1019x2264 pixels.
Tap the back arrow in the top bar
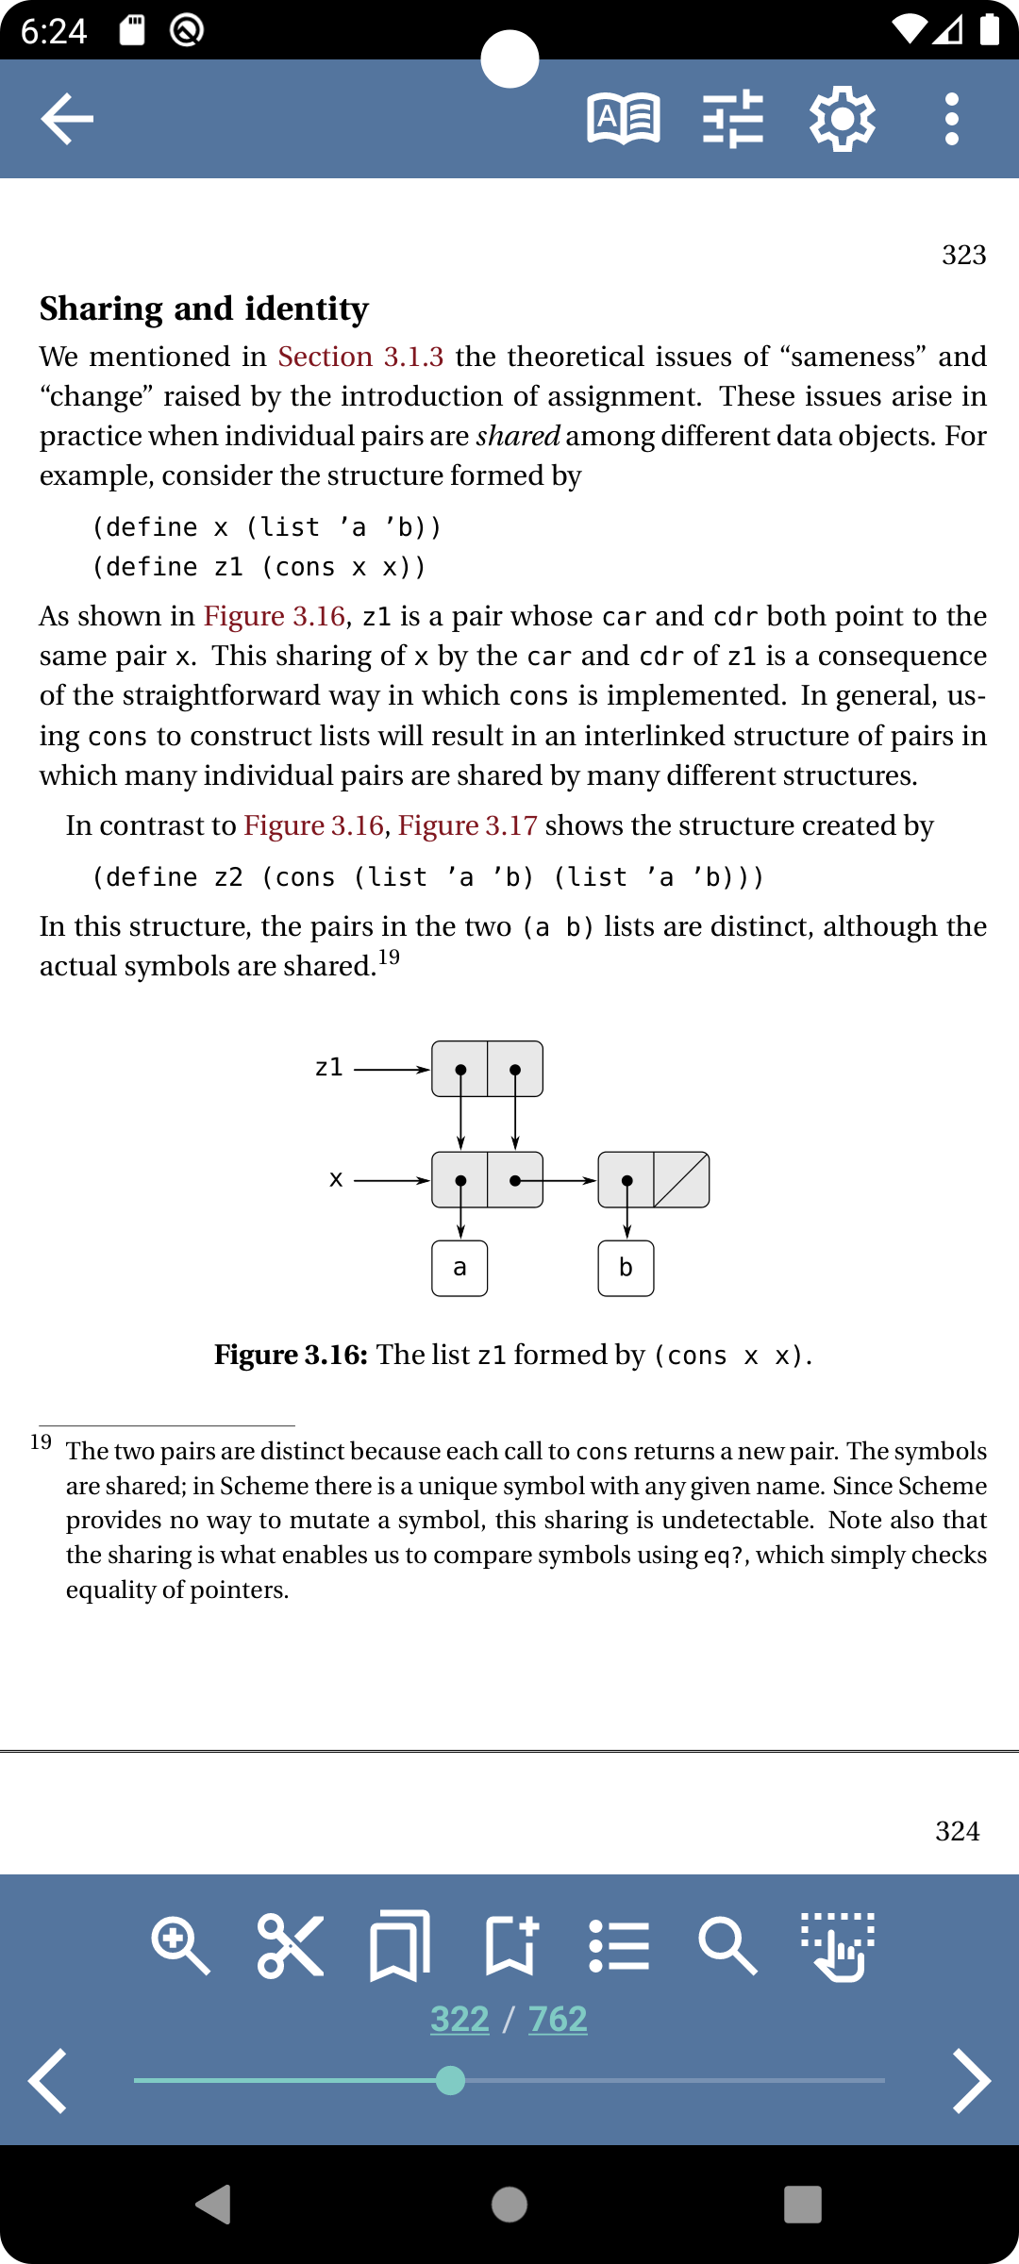67,119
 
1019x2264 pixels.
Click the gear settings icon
842,119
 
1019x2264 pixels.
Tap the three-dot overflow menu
951,119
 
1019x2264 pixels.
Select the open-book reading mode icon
624,119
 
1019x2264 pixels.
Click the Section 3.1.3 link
360,357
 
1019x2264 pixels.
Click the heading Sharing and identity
204,309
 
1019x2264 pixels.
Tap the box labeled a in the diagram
459,1268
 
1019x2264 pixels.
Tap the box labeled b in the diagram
626,1268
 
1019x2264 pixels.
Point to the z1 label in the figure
328,1068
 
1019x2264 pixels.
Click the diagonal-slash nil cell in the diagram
681,1179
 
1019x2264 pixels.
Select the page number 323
963,255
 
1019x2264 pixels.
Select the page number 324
957,1831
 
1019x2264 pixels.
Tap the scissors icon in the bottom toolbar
291,1945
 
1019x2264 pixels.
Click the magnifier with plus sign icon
180,1945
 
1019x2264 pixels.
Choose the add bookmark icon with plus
510,1945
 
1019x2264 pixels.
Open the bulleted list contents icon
619,1945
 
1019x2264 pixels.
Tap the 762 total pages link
558,2019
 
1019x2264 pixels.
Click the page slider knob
451,2080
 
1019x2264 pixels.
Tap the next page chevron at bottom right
971,2080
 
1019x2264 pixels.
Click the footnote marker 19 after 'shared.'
390,957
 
